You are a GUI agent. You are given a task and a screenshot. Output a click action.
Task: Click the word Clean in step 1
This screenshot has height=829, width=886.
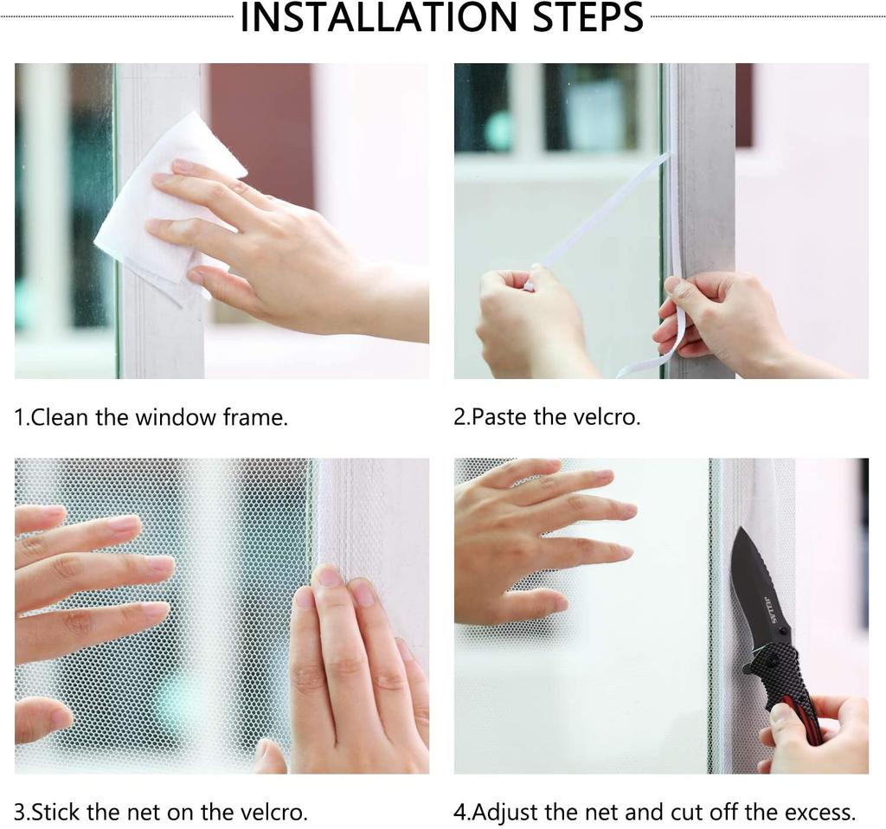click(x=61, y=418)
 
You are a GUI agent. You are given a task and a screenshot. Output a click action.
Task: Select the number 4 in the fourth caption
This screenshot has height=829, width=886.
click(x=459, y=813)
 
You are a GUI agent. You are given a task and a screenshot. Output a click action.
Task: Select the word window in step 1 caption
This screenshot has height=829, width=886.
click(x=176, y=418)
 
